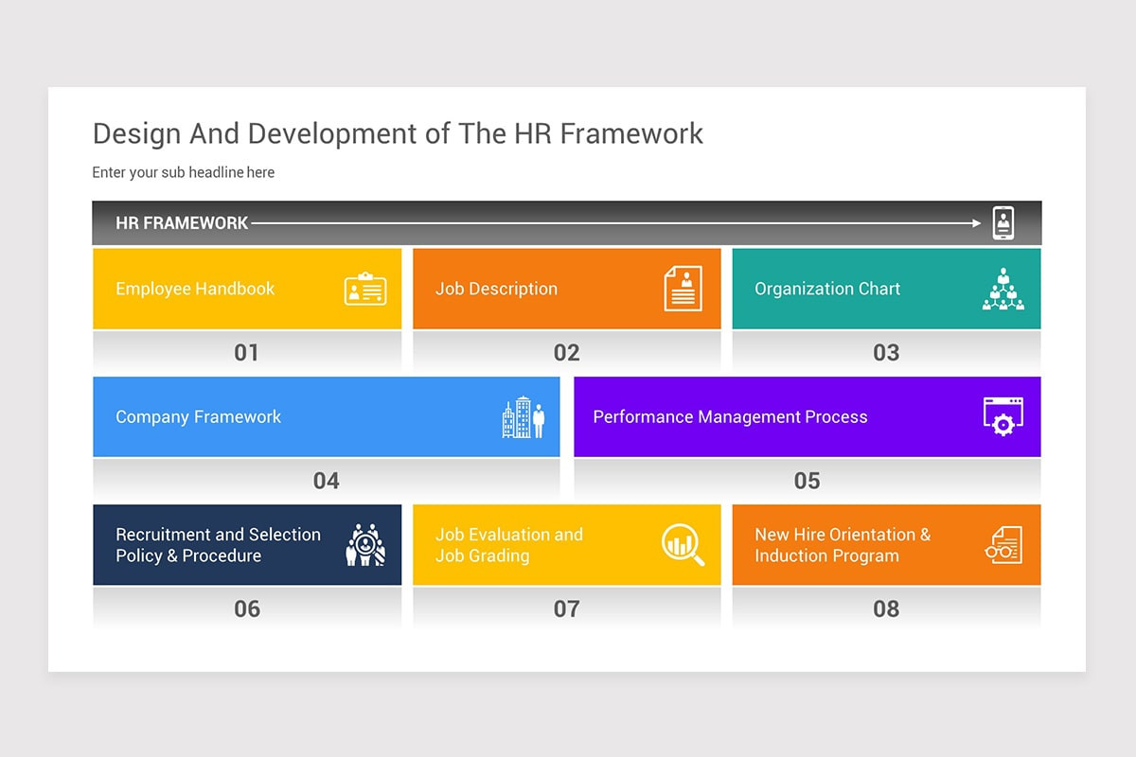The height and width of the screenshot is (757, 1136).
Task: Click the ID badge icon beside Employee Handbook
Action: pos(365,290)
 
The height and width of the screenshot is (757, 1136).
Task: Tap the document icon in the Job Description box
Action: pos(683,289)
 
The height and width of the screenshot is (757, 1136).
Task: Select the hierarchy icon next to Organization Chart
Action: pos(1003,290)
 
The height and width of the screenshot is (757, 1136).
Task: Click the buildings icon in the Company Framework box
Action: pos(524,417)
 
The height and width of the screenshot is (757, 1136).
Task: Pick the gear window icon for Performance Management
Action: pos(1003,416)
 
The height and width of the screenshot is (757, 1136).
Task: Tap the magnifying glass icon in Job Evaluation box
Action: pos(683,545)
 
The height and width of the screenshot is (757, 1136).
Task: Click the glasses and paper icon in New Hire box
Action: pos(1003,545)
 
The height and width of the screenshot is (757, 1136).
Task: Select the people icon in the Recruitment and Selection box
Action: pos(365,545)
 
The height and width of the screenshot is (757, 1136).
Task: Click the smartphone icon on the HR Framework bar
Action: pos(1003,223)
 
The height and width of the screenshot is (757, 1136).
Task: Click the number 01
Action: pos(246,353)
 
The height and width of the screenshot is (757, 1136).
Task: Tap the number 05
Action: pos(807,481)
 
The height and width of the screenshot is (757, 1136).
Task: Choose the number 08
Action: pos(886,608)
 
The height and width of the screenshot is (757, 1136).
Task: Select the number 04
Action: pos(326,481)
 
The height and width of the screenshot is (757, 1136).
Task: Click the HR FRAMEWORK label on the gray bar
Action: pos(182,223)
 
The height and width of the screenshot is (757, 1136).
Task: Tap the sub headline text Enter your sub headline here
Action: pos(184,172)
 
